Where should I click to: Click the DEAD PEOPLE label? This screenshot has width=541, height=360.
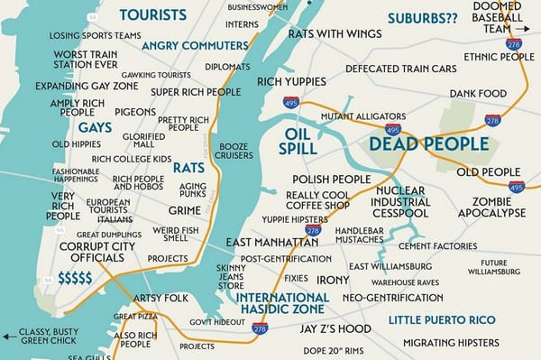tap(428, 143)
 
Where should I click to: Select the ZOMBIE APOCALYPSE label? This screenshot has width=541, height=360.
tap(491, 207)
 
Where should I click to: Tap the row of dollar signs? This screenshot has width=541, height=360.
tap(75, 277)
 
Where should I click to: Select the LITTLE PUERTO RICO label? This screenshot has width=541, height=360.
tap(443, 319)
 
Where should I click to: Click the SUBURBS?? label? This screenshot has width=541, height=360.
tap(421, 17)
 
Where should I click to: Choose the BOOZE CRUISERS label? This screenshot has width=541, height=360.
tap(233, 152)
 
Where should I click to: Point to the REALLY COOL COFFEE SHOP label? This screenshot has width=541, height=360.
tap(317, 199)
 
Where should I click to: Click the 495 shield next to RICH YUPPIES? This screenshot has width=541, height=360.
tap(291, 103)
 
